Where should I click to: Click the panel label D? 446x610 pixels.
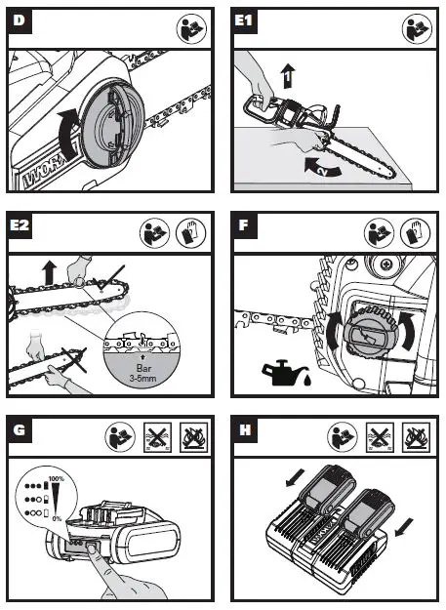[19, 20]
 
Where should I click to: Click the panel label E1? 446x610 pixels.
[244, 20]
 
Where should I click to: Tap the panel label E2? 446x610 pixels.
[20, 225]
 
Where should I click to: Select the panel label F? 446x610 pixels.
[244, 225]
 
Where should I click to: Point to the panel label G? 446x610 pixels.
[20, 429]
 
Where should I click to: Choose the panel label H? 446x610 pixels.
[245, 429]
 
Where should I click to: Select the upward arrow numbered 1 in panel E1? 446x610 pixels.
[288, 76]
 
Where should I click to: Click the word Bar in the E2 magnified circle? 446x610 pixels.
[143, 368]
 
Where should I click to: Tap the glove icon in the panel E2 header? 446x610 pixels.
[190, 233]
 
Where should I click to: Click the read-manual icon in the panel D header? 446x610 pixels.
[191, 28]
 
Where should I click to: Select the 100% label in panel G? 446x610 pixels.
[57, 478]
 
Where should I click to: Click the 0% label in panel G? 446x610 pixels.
[57, 518]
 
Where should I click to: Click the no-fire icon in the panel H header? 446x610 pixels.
[416, 437]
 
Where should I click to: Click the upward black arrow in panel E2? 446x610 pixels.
[50, 272]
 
